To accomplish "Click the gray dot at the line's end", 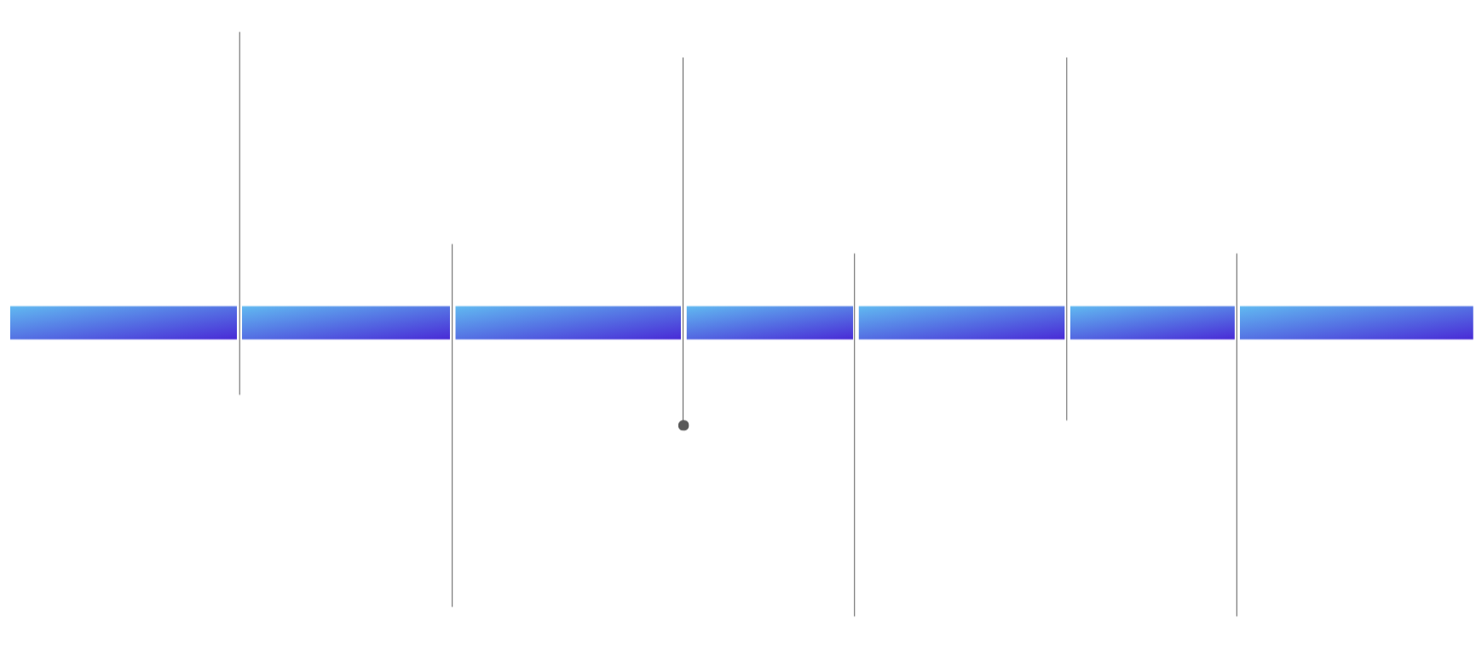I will (x=683, y=425).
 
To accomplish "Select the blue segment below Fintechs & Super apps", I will (x=123, y=322).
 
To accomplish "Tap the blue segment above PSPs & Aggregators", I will (x=345, y=322).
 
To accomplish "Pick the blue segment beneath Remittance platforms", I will (x=568, y=322).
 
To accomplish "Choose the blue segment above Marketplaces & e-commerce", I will (x=770, y=322).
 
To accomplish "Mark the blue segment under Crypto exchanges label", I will (x=961, y=322).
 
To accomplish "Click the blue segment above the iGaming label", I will (x=1151, y=322).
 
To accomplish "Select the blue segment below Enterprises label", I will (x=1355, y=322).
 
